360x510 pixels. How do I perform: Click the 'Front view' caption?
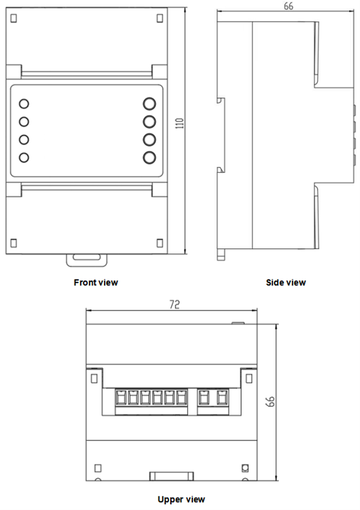[97, 283]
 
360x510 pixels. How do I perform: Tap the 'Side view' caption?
[286, 283]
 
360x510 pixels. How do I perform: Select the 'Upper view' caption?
[181, 500]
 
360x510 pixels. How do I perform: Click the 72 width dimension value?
[174, 304]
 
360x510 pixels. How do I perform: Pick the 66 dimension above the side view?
[288, 6]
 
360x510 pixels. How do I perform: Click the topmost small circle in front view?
[24, 104]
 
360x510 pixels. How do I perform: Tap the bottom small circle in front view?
[24, 157]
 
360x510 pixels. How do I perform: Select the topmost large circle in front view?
[149, 104]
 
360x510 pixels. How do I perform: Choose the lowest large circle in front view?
[149, 157]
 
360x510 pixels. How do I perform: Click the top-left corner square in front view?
[14, 18]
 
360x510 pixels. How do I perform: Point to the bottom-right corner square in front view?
[160, 243]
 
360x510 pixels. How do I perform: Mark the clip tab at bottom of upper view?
[173, 476]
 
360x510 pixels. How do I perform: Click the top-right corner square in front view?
[160, 18]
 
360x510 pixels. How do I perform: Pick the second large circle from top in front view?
[149, 121]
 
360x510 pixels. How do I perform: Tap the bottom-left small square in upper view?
[96, 468]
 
